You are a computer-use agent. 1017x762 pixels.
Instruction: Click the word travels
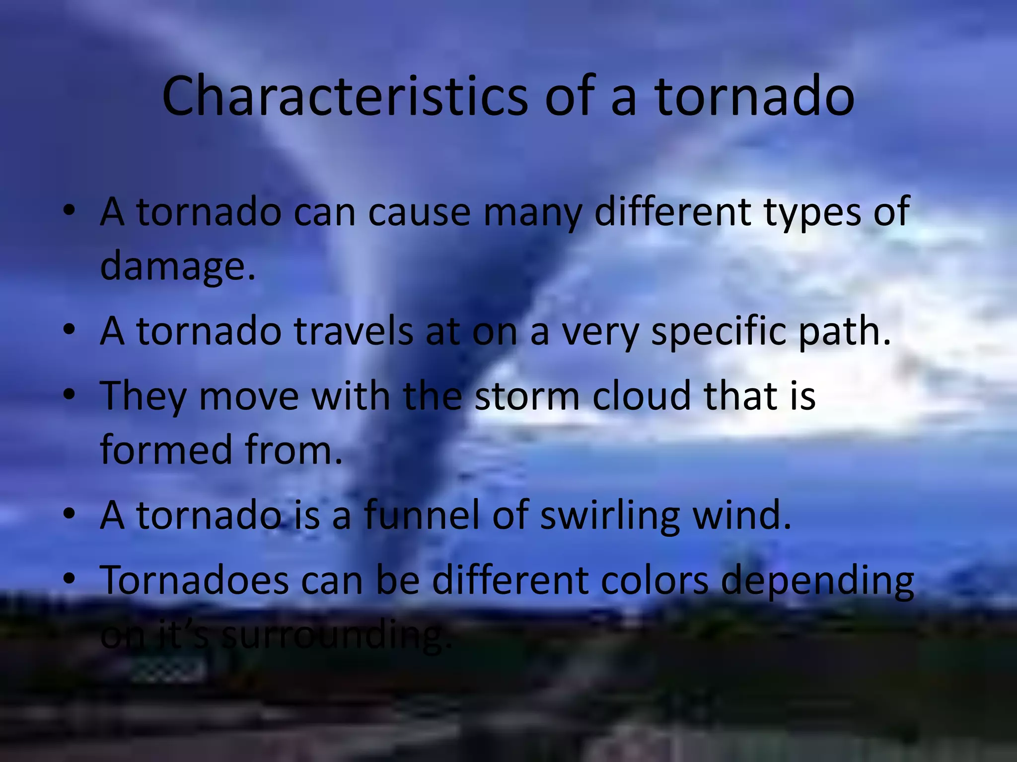pos(353,330)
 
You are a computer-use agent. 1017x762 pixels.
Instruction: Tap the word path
pos(845,330)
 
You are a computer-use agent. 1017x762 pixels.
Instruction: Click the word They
pos(143,395)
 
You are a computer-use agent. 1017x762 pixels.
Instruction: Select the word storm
pos(527,395)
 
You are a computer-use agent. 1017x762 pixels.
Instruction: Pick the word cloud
pos(642,395)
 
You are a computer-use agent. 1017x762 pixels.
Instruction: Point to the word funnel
pos(422,514)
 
